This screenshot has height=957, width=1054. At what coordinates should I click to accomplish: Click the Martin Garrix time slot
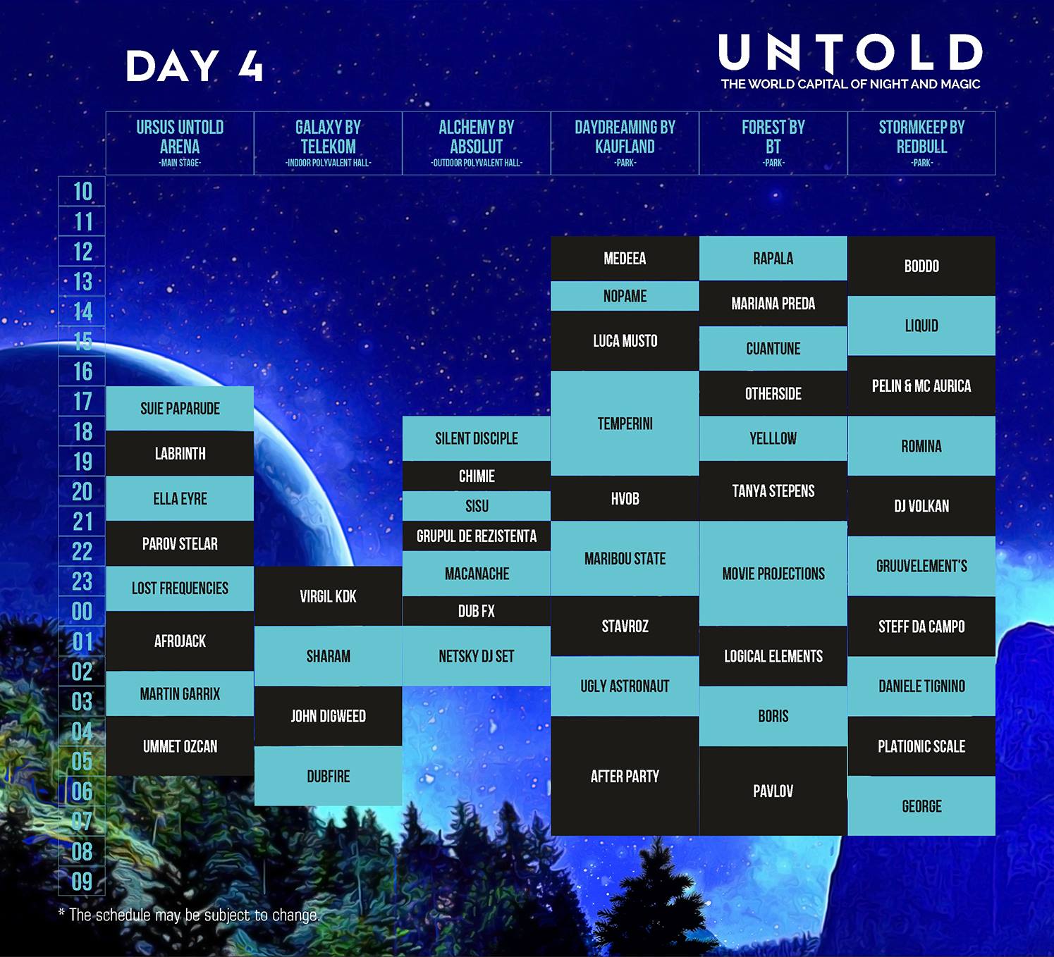point(180,693)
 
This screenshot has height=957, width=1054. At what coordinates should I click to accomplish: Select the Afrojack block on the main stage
point(180,641)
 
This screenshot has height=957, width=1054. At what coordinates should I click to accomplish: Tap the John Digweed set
point(329,716)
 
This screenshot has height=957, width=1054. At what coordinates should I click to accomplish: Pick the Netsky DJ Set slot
point(477,656)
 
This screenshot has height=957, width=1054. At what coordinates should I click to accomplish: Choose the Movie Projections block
point(773,574)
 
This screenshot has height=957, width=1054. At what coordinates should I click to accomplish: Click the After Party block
point(625,776)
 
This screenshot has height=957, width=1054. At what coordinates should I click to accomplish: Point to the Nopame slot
point(625,296)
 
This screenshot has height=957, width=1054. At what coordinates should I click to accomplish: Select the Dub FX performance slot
point(477,611)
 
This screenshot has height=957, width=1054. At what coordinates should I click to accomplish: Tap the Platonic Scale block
point(921,746)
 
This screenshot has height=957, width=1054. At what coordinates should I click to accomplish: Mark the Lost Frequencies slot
point(180,588)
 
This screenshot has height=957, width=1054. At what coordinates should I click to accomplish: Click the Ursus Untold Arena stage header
point(180,143)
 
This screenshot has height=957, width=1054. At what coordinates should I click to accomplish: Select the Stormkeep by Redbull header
point(921,143)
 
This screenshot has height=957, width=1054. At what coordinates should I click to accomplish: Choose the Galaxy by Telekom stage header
point(329,143)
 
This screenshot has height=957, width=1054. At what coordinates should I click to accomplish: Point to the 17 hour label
point(82,401)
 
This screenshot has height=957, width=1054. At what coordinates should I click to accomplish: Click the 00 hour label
point(82,612)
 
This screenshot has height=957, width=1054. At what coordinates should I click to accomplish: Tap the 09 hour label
point(82,882)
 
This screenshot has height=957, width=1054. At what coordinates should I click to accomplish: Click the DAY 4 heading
point(194,66)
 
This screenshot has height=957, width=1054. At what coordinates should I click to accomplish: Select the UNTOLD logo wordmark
point(850,53)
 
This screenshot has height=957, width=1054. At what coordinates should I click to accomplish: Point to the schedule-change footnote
point(189,915)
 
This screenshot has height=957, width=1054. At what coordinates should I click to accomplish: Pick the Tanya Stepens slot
point(773,491)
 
